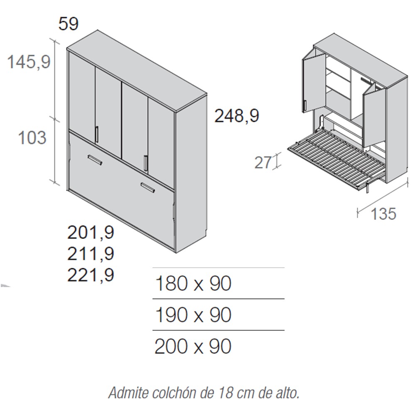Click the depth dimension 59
coord(68,24)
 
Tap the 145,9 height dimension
coord(29,62)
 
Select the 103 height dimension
coord(32,138)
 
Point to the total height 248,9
coord(237,116)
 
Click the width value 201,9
coord(91,233)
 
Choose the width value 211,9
coord(91,254)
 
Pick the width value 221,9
coord(91,275)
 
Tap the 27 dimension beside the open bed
coord(263,162)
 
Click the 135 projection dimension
coord(383,214)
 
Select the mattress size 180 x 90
coord(193,283)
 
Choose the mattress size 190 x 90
coord(193,315)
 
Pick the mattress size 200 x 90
coord(193,346)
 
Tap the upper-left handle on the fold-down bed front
coord(95,160)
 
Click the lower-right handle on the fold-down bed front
coord(148,188)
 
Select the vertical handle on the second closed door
coord(97,135)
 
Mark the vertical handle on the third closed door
coord(146,163)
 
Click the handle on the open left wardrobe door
coord(305,106)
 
